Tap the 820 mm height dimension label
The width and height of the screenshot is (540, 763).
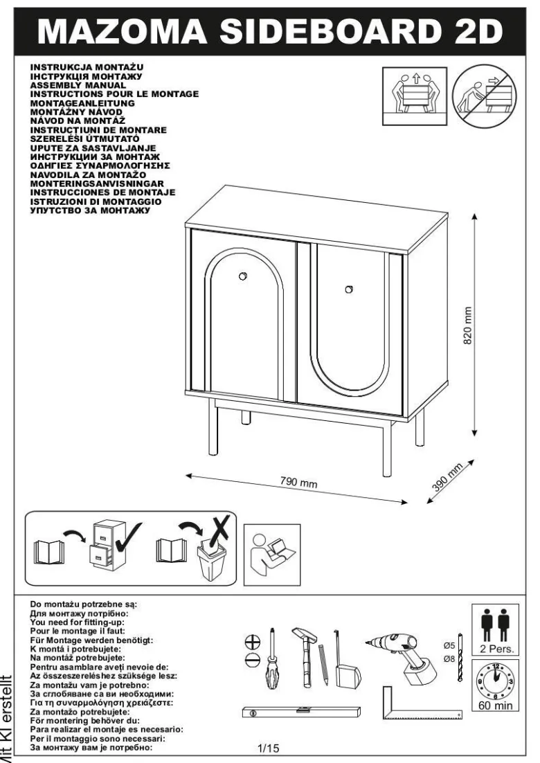click(467, 325)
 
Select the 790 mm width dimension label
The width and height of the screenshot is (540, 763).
click(298, 482)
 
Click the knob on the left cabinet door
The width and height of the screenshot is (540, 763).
click(242, 276)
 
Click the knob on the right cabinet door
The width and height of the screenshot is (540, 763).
click(349, 289)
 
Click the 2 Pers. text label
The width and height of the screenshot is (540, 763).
click(496, 649)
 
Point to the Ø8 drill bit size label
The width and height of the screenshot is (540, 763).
click(449, 659)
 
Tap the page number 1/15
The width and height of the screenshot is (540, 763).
click(268, 748)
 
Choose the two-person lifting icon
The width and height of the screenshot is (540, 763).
click(415, 96)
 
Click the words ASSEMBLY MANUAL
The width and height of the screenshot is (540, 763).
click(78, 85)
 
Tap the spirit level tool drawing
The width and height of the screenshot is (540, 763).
click(301, 712)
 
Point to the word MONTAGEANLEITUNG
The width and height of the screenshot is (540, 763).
click(82, 103)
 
